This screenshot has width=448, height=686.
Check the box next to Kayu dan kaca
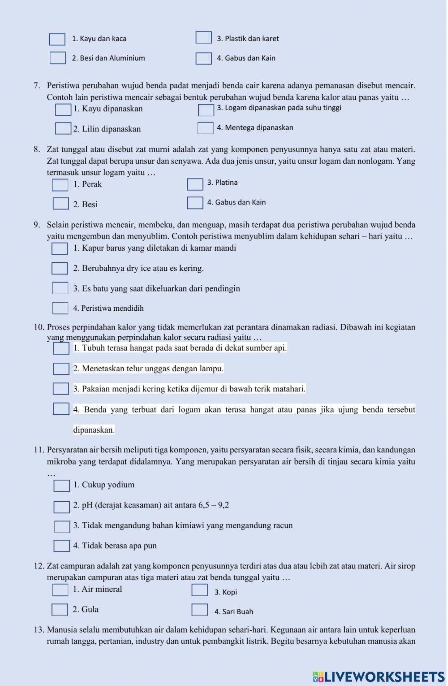tap(57, 39)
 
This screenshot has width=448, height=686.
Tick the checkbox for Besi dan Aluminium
tap(57, 58)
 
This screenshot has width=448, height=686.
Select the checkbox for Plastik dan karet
tap(203, 38)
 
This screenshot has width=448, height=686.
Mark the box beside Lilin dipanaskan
tap(63, 129)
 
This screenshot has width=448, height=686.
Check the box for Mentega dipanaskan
tap(205, 128)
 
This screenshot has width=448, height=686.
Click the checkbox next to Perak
tap(60, 185)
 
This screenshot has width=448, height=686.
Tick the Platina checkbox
tap(195, 184)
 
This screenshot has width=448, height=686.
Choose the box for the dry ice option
tap(60, 268)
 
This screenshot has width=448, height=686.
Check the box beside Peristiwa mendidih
tap(60, 308)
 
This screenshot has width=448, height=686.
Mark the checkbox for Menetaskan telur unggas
tap(61, 369)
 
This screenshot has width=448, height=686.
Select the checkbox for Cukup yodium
tap(61, 486)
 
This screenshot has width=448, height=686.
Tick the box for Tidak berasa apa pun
tap(61, 546)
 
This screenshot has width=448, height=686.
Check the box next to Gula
tap(60, 610)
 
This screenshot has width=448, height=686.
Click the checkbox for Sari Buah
tap(199, 610)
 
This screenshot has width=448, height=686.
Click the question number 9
tap(37, 225)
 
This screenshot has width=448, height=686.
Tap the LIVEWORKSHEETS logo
tap(378, 677)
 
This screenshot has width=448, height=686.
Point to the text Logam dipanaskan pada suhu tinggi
tap(279, 108)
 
